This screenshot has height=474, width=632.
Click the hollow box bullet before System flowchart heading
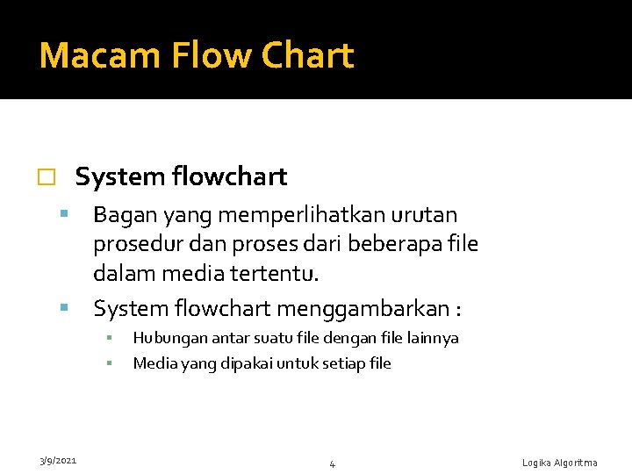pyautogui.click(x=47, y=177)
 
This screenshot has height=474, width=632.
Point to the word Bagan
pyautogui.click(x=121, y=215)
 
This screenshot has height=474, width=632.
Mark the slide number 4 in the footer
pyautogui.click(x=332, y=463)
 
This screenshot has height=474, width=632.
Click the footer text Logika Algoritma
pyautogui.click(x=559, y=463)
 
